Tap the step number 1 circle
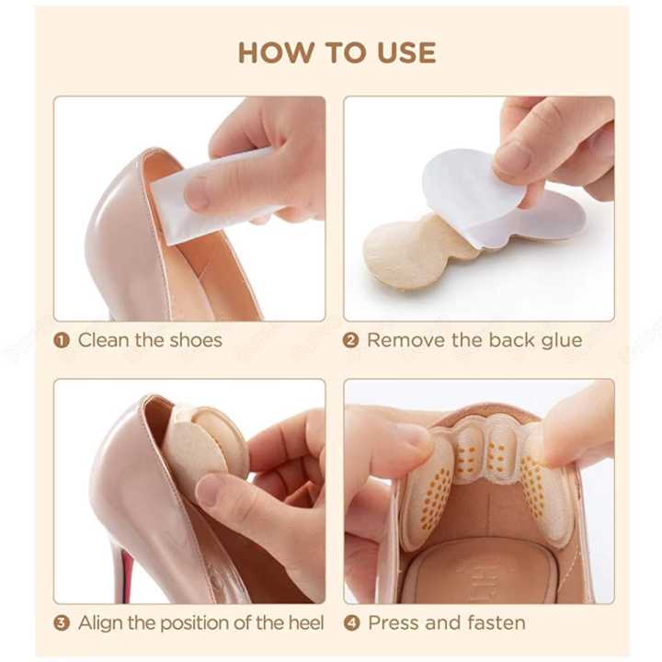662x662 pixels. [x=63, y=340]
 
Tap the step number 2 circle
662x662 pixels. [x=351, y=340]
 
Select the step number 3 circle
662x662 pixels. [x=63, y=622]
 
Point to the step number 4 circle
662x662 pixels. [x=351, y=622]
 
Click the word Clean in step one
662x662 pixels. [x=104, y=340]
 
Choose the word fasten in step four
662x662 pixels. [x=492, y=622]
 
